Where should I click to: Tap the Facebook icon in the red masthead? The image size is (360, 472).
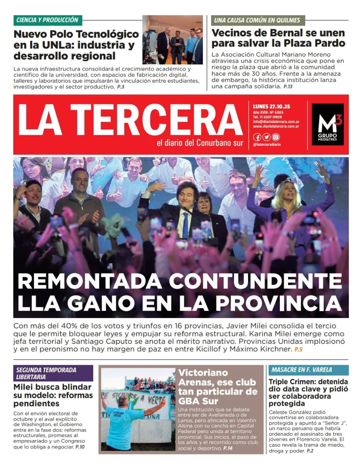(x=257, y=137)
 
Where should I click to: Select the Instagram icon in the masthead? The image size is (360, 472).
(x=276, y=137)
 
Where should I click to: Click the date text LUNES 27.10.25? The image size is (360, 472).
(x=271, y=107)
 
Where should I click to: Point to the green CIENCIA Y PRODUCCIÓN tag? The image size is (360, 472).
(x=47, y=20)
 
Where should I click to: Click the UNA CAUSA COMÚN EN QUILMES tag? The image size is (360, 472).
(x=257, y=20)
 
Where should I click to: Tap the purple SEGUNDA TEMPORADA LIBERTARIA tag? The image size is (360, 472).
(x=53, y=373)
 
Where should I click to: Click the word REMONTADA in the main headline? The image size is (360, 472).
(x=90, y=281)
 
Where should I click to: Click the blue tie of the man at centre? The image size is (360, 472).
(x=186, y=225)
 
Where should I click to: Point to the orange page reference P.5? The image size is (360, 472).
(x=298, y=349)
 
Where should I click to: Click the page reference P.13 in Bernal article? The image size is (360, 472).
(x=288, y=87)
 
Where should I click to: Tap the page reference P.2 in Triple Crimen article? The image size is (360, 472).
(x=310, y=451)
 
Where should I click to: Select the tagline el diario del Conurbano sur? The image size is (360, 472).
(x=200, y=143)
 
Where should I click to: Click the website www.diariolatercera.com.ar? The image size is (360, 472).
(x=276, y=126)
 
